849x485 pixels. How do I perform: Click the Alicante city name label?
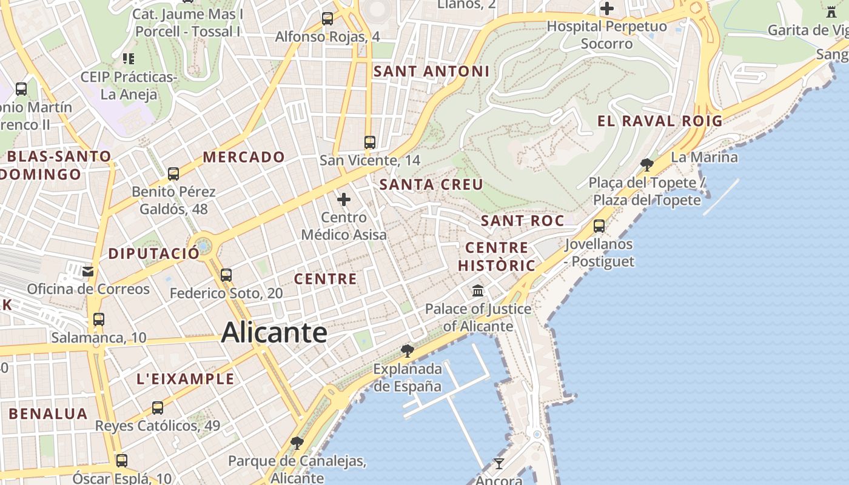click(274, 333)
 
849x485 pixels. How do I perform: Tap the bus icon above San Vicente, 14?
click(370, 142)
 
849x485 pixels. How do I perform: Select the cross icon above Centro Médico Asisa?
click(344, 199)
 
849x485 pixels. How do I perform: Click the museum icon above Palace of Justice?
click(478, 290)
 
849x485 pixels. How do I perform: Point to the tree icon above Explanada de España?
click(408, 350)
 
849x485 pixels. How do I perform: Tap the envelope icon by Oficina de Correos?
click(89, 271)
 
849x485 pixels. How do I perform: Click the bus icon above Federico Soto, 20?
click(226, 275)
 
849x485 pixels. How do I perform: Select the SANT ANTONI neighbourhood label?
click(431, 72)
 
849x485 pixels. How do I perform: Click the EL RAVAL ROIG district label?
click(660, 121)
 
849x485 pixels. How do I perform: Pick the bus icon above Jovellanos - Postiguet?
click(599, 226)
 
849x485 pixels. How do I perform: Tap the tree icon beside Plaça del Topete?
click(647, 164)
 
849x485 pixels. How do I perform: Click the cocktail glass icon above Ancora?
click(499, 464)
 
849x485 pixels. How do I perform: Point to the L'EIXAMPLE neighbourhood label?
click(185, 379)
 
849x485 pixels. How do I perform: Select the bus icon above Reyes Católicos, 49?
click(158, 407)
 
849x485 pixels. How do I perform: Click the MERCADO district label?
click(244, 157)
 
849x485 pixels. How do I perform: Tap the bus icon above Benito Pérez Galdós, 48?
click(173, 174)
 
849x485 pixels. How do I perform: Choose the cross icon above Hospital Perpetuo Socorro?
click(606, 8)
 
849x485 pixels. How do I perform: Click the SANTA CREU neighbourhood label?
click(431, 184)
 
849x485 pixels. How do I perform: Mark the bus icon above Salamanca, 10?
click(99, 319)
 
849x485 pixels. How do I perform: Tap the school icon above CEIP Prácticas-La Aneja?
click(129, 59)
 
